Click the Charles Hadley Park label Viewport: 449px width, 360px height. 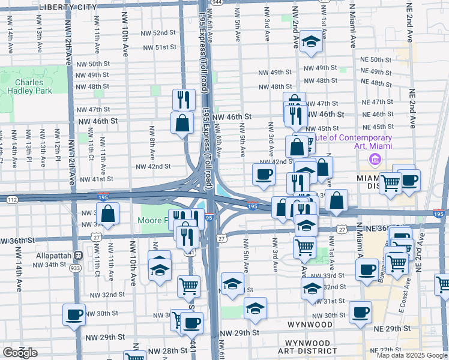pos(29,86)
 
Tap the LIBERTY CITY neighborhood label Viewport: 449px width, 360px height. pos(67,7)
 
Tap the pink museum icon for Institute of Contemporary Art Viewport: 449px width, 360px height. pos(375,160)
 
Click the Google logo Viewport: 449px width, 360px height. pos(20,353)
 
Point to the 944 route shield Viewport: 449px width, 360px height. pos(217,2)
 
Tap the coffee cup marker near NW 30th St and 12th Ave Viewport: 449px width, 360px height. pos(74,314)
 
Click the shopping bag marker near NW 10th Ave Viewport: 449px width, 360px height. pos(107,213)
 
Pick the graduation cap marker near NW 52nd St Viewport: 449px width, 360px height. pos(311,41)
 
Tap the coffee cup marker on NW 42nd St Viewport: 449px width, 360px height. pos(264,174)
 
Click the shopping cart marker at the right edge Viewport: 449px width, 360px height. pos(443,283)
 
